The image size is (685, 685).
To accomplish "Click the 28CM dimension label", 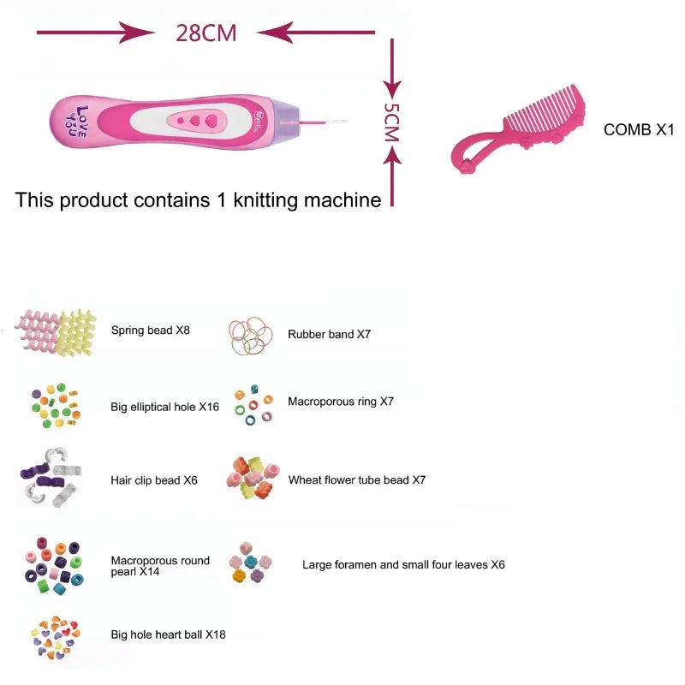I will point(205,33).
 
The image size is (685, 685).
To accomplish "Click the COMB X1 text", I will point(640,130).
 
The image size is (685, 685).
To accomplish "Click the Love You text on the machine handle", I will point(80,122).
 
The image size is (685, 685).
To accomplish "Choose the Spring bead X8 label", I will point(151,330).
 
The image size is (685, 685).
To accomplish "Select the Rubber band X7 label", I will point(329,335).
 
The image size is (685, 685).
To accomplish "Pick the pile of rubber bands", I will point(251,337).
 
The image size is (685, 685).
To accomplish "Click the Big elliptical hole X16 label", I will point(164,408).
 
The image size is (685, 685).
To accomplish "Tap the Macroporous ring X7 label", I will point(341,401).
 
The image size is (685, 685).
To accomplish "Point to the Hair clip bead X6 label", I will point(154,480).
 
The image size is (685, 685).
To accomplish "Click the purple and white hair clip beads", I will point(51,478).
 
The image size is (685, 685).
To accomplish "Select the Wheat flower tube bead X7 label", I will point(357,480).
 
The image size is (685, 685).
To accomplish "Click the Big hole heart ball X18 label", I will point(168,634).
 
